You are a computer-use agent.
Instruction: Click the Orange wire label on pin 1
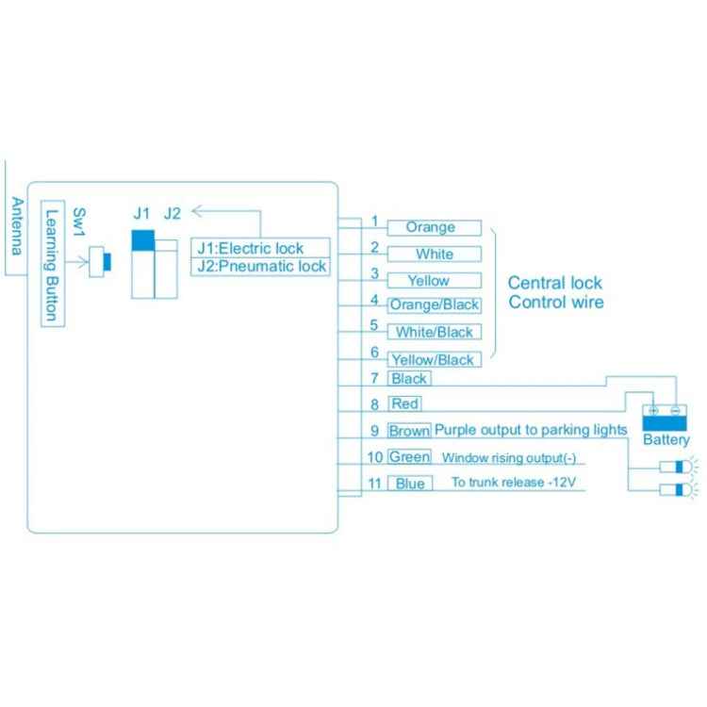point(430,228)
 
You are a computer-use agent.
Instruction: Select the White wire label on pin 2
point(435,255)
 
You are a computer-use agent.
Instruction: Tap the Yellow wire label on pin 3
point(429,281)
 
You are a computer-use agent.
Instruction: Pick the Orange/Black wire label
point(434,305)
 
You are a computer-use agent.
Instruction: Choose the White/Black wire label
point(435,332)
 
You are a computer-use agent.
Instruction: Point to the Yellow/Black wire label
point(434,359)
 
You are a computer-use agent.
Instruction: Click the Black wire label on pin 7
point(408,379)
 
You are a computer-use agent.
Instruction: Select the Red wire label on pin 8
point(404,404)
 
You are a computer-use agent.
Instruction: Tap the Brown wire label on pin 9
point(409,431)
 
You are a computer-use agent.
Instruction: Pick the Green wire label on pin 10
point(409,458)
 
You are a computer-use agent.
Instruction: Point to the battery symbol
point(666,417)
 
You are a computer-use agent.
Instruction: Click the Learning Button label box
point(53,263)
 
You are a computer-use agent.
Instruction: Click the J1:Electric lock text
point(250,249)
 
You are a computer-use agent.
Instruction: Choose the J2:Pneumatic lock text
point(261,267)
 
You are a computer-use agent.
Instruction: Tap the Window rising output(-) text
point(508,459)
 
